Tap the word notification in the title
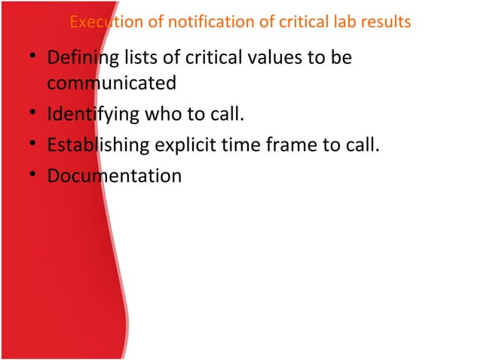point(189,22)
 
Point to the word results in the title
point(384,22)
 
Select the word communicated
point(112,82)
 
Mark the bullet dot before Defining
point(32,59)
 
